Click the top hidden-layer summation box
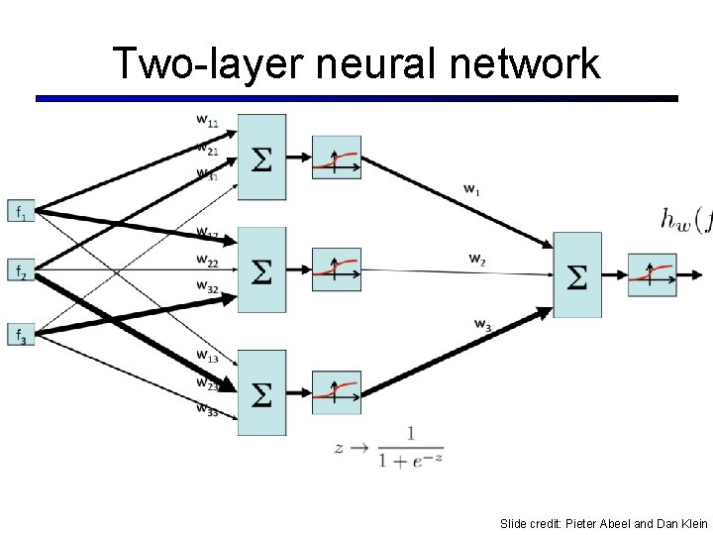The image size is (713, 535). pos(261,157)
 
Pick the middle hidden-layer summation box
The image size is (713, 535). pos(261,270)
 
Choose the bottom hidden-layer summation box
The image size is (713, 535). pos(261,392)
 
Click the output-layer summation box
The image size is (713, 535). pos(576,274)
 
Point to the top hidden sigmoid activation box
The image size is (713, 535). pos(337,158)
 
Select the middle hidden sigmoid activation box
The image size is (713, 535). pos(337,268)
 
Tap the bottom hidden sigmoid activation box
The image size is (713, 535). pos(337,392)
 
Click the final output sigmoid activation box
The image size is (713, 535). pos(652,274)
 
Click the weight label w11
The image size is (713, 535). pos(207,121)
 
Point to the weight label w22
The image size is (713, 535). pos(207,262)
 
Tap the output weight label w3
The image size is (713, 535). pos(482,324)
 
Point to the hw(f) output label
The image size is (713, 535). pos(685,219)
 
